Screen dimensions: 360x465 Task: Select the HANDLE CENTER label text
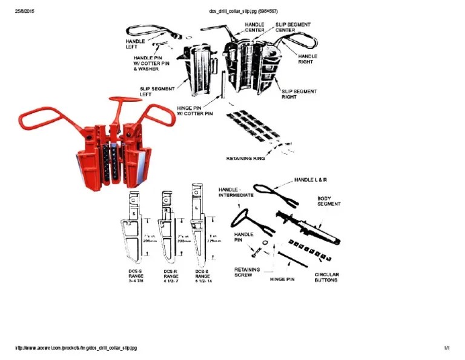click(254, 27)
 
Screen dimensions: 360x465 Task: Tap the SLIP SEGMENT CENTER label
click(294, 27)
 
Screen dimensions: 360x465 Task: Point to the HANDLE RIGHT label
click(308, 59)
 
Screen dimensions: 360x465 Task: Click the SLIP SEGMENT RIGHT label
click(298, 94)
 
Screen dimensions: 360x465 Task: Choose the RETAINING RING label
click(245, 159)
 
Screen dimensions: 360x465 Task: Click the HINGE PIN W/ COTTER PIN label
click(194, 110)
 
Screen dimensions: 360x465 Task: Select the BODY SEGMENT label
click(329, 201)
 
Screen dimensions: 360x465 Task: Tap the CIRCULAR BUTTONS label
click(326, 278)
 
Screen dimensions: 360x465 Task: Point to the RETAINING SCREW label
click(247, 272)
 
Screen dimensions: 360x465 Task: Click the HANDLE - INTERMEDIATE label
click(236, 193)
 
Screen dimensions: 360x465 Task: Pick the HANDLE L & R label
click(311, 180)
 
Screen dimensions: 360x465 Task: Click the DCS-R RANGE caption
click(171, 276)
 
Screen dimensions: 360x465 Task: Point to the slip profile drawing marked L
click(197, 221)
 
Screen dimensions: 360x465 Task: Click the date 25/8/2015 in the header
click(25, 11)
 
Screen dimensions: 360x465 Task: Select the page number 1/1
click(447, 348)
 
